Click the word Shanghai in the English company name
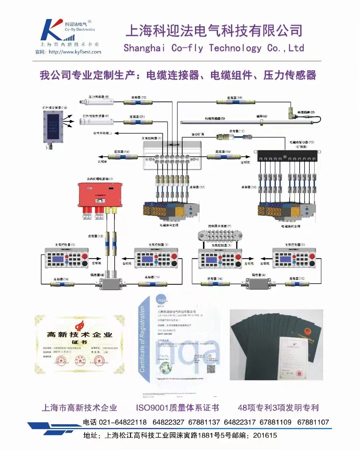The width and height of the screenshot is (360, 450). [x=144, y=48]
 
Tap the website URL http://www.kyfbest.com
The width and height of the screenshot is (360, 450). [x=75, y=52]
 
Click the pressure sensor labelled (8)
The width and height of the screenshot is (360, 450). [x=96, y=102]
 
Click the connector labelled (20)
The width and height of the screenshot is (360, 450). [x=139, y=102]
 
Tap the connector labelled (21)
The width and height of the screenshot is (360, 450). [x=138, y=122]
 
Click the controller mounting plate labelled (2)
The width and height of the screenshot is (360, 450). [x=220, y=235]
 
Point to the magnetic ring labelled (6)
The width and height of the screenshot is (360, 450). [x=262, y=122]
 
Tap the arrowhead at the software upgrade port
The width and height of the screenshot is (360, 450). [x=117, y=133]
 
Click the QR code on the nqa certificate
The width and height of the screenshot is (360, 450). [x=211, y=369]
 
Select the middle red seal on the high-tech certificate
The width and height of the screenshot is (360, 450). [x=80, y=360]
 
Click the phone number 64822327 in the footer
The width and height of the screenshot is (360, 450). [x=168, y=422]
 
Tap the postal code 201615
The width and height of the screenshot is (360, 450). [x=265, y=435]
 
